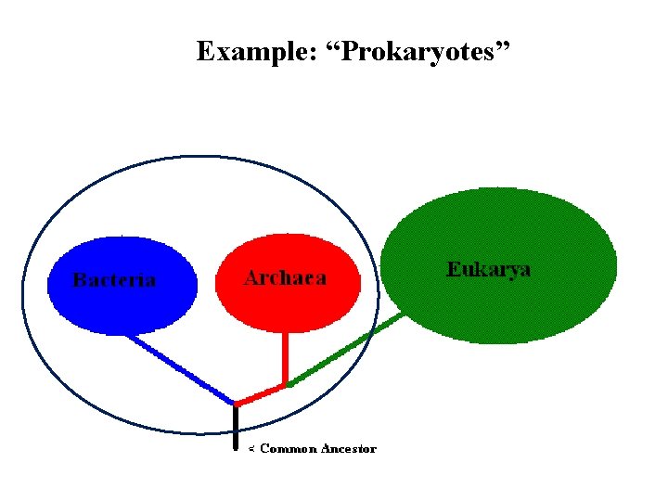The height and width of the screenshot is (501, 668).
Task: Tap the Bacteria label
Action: point(114,280)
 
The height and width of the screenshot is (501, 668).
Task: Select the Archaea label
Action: point(285,278)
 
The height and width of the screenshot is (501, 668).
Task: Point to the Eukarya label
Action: point(489,270)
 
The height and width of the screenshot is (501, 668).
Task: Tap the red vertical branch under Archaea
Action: point(285,357)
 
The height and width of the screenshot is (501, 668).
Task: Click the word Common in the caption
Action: point(289,449)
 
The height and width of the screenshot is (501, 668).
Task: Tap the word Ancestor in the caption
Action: point(349,449)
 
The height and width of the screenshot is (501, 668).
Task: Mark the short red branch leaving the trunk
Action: point(260,395)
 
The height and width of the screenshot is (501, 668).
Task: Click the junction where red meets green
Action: point(287,384)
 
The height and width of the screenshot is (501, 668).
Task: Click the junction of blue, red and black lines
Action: point(236,405)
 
